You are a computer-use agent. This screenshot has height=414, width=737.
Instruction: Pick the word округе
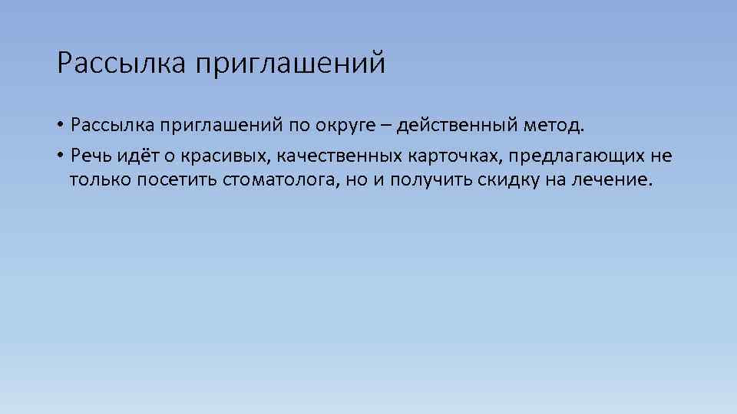[345, 125]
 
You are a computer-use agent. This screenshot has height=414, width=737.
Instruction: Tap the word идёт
[137, 156]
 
